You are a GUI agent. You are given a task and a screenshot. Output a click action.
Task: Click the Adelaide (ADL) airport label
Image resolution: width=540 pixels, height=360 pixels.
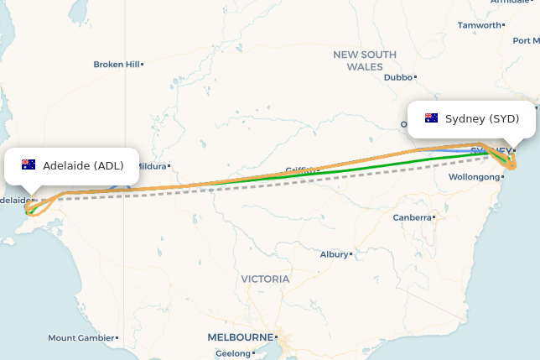pyautogui.click(x=83, y=165)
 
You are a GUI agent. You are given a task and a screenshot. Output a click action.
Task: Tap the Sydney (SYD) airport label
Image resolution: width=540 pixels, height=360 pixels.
pyautogui.click(x=482, y=118)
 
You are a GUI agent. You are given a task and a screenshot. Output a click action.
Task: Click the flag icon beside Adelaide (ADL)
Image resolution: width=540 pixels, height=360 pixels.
pyautogui.click(x=29, y=164)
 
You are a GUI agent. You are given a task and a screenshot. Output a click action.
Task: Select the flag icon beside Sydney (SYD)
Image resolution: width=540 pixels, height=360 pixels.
pyautogui.click(x=432, y=118)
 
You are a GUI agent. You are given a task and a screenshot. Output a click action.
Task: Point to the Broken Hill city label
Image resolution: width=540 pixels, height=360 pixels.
pyautogui.click(x=116, y=65)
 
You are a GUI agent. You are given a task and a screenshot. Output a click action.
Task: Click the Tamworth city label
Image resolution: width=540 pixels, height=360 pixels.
pyautogui.click(x=479, y=25)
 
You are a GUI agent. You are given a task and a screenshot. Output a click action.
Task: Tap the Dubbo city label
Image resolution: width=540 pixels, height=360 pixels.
pyautogui.click(x=398, y=77)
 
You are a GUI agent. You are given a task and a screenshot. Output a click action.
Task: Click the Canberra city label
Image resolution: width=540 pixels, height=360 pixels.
pyautogui.click(x=412, y=217)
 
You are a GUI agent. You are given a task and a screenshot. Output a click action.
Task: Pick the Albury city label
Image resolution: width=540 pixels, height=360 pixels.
pyautogui.click(x=334, y=254)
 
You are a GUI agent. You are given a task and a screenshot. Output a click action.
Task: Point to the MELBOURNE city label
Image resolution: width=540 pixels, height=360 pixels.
pyautogui.click(x=240, y=337)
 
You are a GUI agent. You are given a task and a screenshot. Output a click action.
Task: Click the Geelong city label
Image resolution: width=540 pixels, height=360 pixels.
pyautogui.click(x=233, y=353)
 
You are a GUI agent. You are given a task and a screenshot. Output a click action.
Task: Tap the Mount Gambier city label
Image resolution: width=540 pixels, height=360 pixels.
pyautogui.click(x=80, y=338)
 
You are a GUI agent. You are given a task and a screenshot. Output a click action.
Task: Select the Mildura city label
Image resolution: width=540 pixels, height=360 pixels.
pyautogui.click(x=152, y=166)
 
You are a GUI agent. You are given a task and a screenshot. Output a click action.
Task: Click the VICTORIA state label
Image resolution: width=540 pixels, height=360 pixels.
pyautogui.click(x=265, y=279)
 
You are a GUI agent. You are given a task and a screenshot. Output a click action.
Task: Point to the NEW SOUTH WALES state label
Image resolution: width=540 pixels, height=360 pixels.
pyautogui.click(x=365, y=60)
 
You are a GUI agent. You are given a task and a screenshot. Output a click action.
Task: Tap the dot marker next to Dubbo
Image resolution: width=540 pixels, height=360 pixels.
pyautogui.click(x=417, y=77)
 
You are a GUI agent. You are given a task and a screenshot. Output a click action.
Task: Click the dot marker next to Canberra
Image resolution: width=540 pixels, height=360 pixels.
pyautogui.click(x=434, y=217)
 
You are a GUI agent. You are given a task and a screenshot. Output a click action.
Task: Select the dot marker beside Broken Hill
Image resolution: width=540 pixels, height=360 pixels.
pyautogui.click(x=143, y=65)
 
